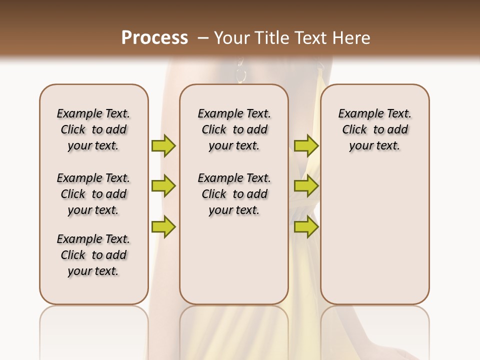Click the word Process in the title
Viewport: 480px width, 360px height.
(154, 38)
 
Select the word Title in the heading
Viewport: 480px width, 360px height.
(273, 38)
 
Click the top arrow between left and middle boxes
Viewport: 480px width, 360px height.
(163, 145)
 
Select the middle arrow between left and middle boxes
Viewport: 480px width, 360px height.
(163, 186)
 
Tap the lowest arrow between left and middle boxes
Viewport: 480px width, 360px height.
(163, 226)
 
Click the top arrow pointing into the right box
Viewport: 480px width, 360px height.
(306, 145)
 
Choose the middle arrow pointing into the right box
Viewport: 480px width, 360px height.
(306, 186)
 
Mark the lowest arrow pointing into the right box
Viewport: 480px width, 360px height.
(306, 226)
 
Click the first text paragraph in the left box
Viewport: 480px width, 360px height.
(93, 129)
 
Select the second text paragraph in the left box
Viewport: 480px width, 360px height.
(93, 194)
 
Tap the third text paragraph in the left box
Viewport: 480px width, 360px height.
(93, 255)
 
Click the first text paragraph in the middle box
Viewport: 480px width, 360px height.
(234, 129)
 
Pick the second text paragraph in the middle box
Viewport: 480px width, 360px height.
(234, 194)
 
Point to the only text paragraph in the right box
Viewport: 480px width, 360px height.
(374, 129)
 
